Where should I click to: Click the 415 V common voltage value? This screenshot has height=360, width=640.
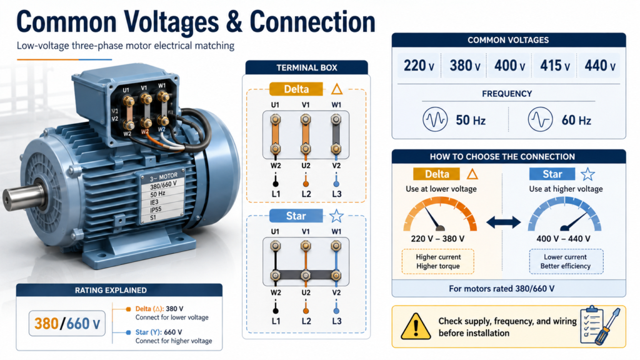[x=555, y=65]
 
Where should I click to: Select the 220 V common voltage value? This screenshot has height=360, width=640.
[x=419, y=65]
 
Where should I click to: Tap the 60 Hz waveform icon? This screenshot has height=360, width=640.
[x=540, y=119]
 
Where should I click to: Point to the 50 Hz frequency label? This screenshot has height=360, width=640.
[x=470, y=120]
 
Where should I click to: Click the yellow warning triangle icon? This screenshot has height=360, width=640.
[x=416, y=326]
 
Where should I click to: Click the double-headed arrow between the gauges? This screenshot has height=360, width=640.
[x=503, y=222]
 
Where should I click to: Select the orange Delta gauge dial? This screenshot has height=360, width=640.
[x=440, y=214]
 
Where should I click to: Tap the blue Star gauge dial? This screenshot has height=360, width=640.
[x=564, y=214]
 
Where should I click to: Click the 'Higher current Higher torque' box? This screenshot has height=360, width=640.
[x=438, y=261]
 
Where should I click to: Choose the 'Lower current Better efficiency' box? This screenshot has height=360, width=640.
[x=566, y=261]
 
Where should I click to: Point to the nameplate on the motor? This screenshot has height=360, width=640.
[x=161, y=196]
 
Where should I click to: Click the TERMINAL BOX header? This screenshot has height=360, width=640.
[x=306, y=67]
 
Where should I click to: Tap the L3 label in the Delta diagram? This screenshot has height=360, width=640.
[x=336, y=194]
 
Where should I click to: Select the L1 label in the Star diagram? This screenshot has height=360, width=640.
[x=276, y=321]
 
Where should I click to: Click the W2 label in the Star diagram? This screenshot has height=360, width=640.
[x=276, y=292]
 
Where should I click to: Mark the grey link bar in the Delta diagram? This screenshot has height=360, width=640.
[x=336, y=134]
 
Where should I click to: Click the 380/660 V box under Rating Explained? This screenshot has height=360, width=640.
[x=67, y=324]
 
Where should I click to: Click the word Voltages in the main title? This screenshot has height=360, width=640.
[x=171, y=22]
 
